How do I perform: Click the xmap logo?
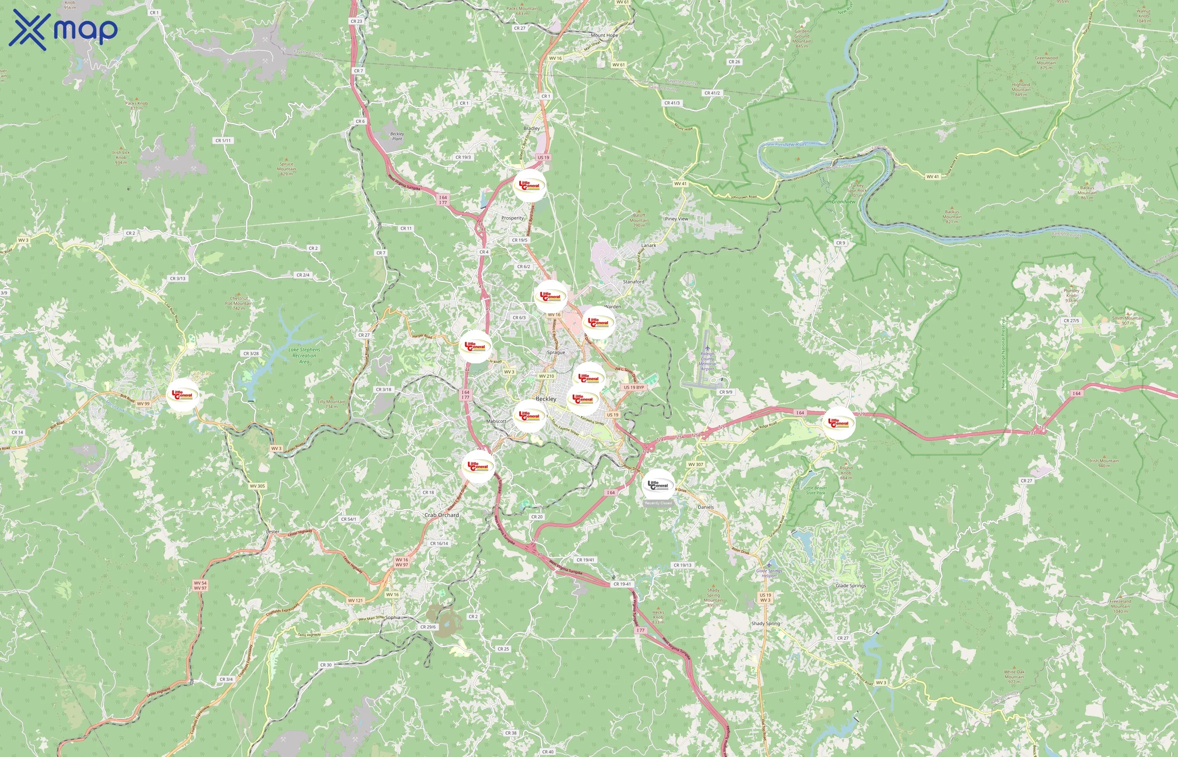tap(63, 29)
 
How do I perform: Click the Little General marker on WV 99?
tap(183, 395)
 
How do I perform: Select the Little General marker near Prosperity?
tap(530, 186)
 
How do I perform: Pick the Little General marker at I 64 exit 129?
tap(839, 423)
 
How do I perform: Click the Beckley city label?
tap(546, 399)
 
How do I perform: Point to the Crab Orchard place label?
tap(441, 515)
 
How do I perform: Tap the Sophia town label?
tap(393, 617)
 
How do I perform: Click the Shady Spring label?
tap(766, 624)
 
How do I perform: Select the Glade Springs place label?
tap(851, 586)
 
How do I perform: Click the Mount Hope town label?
tap(604, 35)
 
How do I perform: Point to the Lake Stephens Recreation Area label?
tap(304, 355)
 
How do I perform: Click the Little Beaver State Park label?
tap(816, 490)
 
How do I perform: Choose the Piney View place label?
tap(677, 219)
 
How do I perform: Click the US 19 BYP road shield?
tap(634, 387)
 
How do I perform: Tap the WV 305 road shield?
tap(257, 486)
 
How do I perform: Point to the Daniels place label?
tap(706, 507)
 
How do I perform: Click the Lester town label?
tap(272, 532)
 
